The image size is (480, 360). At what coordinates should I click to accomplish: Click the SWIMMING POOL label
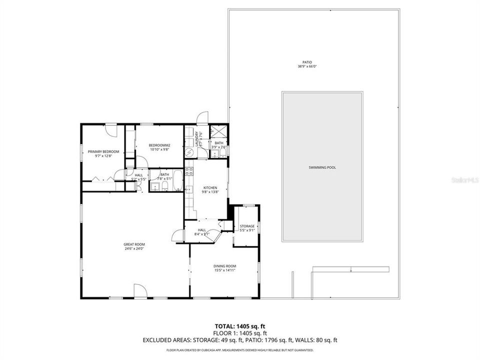322,167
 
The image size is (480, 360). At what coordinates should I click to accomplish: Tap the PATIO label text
313,62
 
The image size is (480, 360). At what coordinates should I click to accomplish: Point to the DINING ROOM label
224,266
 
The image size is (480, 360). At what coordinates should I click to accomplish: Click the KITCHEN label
209,187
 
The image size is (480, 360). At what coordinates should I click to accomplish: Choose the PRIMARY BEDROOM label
103,151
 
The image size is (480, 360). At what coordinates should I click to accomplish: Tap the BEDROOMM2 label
159,145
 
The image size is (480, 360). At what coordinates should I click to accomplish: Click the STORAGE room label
247,226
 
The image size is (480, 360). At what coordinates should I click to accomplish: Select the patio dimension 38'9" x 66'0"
313,66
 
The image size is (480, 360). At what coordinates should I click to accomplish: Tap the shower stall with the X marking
218,131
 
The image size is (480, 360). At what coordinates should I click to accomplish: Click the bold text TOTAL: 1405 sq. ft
239,325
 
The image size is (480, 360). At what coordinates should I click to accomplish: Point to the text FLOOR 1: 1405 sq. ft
240,333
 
